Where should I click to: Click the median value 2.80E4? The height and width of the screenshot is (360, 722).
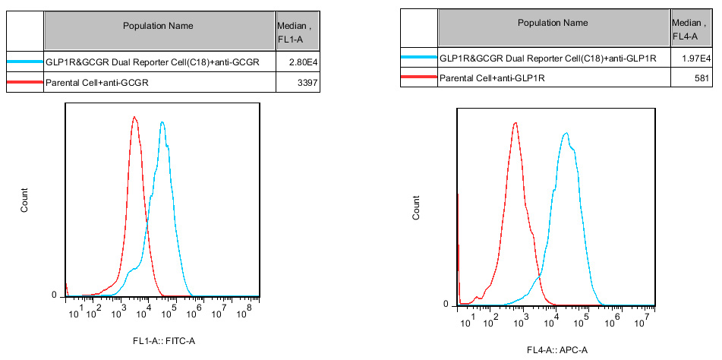[x=294, y=62]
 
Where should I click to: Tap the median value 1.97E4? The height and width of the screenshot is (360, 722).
[x=695, y=58]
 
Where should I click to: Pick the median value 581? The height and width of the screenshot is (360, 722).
[x=702, y=77]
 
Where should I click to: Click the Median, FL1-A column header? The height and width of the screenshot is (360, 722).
[x=292, y=32]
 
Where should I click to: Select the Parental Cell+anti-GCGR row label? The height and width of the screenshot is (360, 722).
[x=96, y=83]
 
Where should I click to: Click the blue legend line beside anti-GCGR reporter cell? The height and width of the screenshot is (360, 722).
[x=25, y=62]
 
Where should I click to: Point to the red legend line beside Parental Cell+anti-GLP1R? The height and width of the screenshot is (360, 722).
[x=419, y=77]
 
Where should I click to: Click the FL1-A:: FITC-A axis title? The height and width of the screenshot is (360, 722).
[x=164, y=341]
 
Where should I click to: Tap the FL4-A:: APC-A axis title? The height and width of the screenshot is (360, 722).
[x=557, y=350]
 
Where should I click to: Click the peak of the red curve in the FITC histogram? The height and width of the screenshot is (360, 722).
[x=134, y=117]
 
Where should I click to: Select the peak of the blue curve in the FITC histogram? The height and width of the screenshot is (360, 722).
[x=162, y=122]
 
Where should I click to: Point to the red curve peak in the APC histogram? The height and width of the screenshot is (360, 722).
[x=515, y=122]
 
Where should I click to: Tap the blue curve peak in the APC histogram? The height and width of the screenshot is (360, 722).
[x=566, y=134]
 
